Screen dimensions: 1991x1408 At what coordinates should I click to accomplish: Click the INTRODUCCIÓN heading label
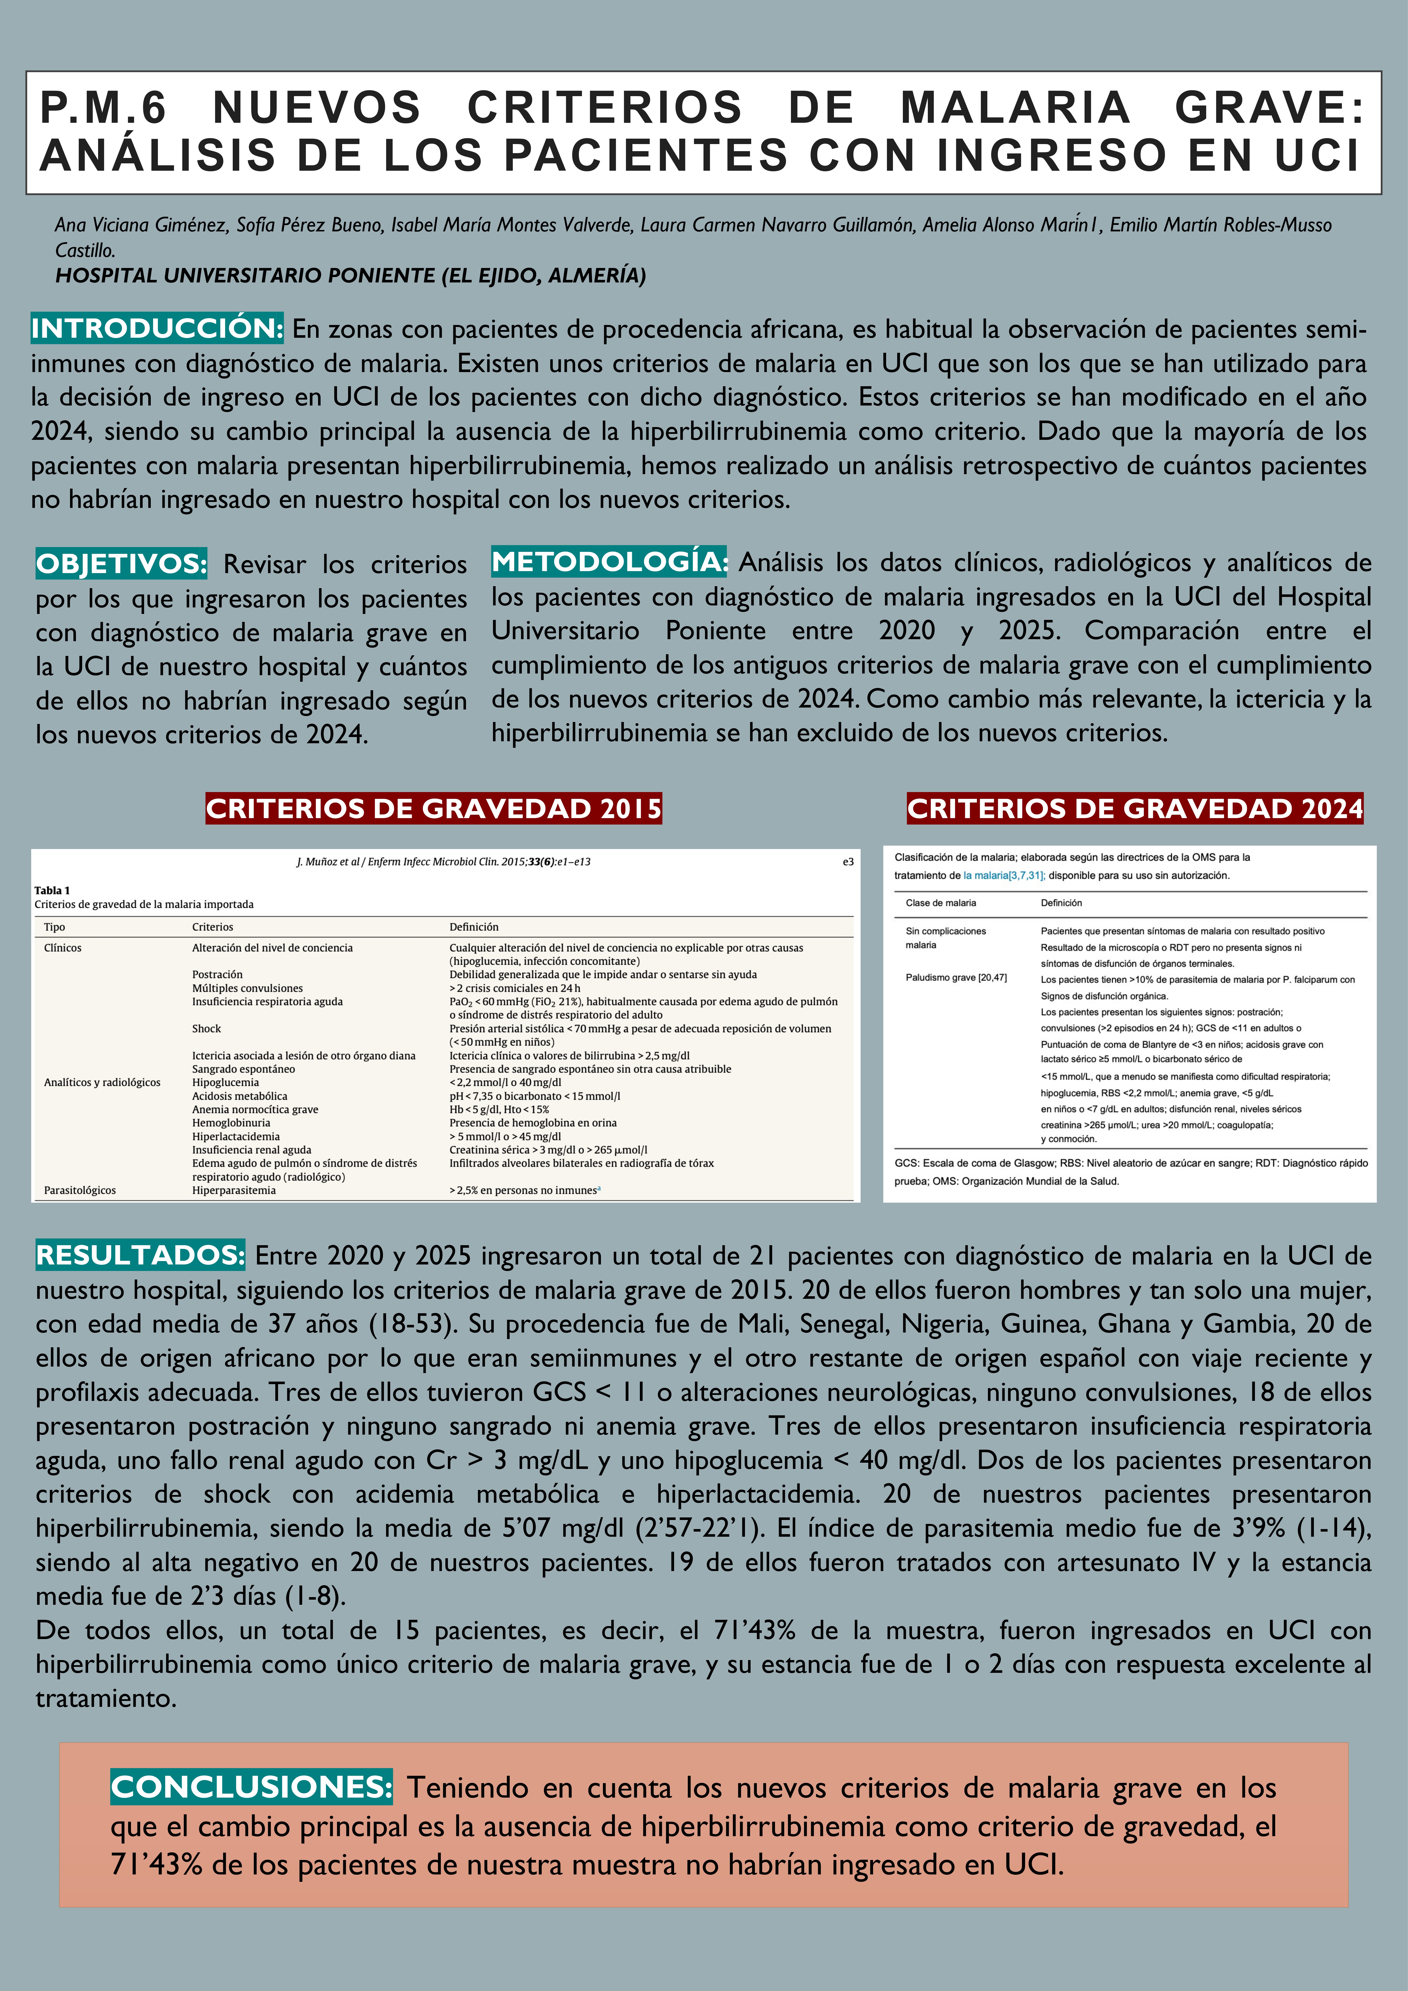(157, 329)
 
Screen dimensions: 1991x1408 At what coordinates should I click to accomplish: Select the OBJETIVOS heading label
(121, 564)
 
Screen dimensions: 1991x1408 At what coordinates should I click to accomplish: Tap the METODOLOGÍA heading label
(609, 562)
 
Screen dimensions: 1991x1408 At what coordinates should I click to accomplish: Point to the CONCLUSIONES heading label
(251, 1787)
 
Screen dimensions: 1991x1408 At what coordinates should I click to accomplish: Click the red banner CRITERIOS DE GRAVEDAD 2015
(433, 808)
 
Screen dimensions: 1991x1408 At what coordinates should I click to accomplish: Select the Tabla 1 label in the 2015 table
(52, 890)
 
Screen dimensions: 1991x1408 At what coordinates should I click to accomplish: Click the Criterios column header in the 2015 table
(212, 927)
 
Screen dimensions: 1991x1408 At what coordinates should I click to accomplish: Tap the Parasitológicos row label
(80, 1190)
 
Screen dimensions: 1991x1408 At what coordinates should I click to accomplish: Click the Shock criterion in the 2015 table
(206, 1029)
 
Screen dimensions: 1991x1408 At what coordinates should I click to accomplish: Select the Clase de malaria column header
(941, 903)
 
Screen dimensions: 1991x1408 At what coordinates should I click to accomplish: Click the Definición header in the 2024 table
(1061, 903)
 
